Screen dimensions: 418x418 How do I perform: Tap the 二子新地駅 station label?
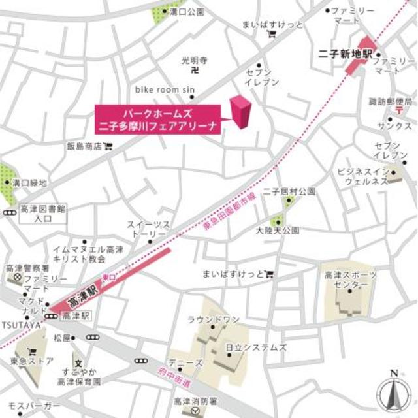pyautogui.click(x=344, y=54)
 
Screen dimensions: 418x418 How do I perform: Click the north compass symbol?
pyautogui.click(x=393, y=391)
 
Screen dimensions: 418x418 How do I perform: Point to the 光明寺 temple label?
pyautogui.click(x=194, y=60)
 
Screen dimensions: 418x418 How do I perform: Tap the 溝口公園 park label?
pyautogui.click(x=187, y=12)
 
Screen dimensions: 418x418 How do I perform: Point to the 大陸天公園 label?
pyautogui.click(x=277, y=231)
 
